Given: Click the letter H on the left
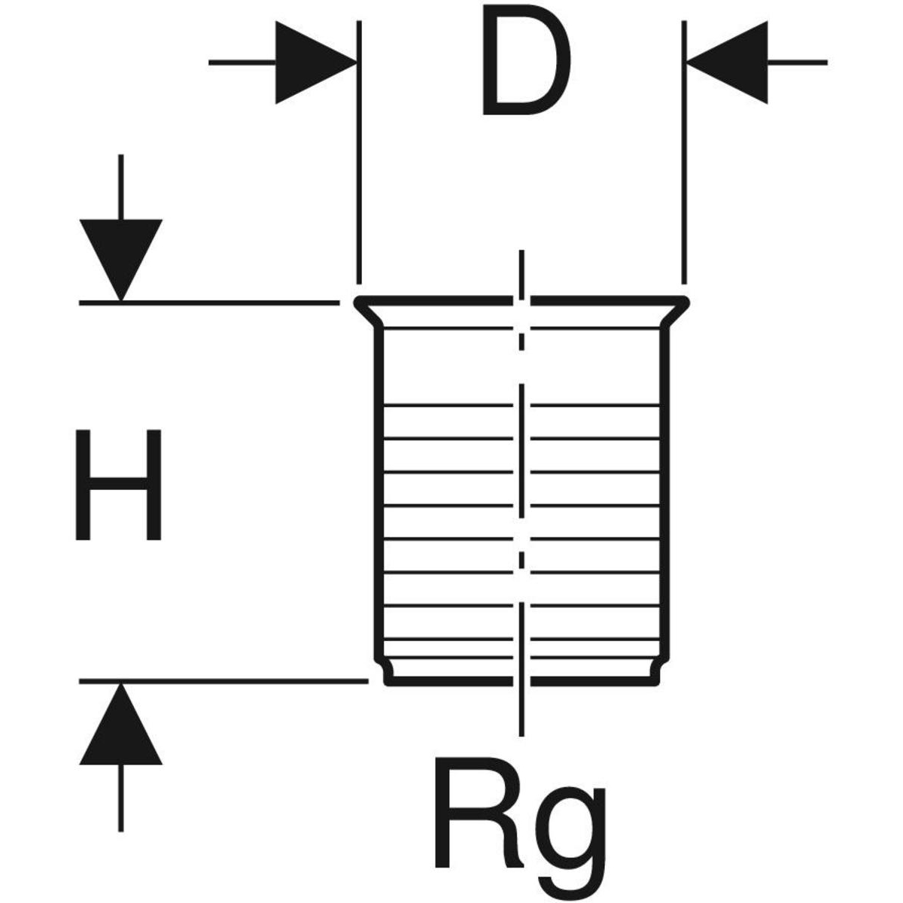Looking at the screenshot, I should [119, 485].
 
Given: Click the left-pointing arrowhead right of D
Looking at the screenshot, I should [727, 62].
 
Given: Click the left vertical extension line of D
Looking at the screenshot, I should [360, 150].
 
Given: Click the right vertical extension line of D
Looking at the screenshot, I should [683, 150].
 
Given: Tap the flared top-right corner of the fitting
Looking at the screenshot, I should [683, 303].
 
